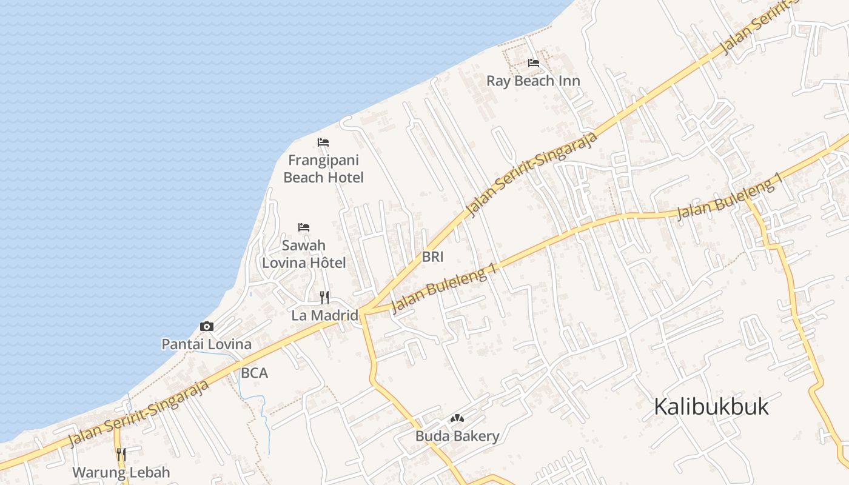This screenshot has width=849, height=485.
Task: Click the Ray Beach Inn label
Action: pos(533,81)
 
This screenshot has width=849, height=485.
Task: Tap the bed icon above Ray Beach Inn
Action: pos(534,62)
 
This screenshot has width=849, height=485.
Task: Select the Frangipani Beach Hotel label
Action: pos(323,169)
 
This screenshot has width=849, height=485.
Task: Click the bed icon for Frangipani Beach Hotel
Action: pos(323,142)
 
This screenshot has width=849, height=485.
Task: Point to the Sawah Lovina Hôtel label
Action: pos(304,254)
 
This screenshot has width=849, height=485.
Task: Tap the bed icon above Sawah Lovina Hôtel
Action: pos(304,227)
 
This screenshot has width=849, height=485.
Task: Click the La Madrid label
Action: pos(325,315)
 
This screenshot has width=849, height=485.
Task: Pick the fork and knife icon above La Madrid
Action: pos(324,297)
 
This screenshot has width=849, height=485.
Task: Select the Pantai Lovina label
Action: pos(206,344)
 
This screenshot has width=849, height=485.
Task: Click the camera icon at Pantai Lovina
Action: pos(207,327)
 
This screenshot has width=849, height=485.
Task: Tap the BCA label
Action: pos(254,373)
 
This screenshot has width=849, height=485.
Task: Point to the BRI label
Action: pos(433,257)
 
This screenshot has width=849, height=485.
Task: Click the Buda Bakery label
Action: pos(457,436)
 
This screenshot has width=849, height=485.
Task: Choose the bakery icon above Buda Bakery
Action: pos(457,418)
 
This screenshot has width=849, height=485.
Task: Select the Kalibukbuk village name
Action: pos(711,407)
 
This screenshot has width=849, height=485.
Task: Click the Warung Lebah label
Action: pos(121,472)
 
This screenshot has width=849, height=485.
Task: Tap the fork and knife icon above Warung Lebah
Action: pos(121,454)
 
